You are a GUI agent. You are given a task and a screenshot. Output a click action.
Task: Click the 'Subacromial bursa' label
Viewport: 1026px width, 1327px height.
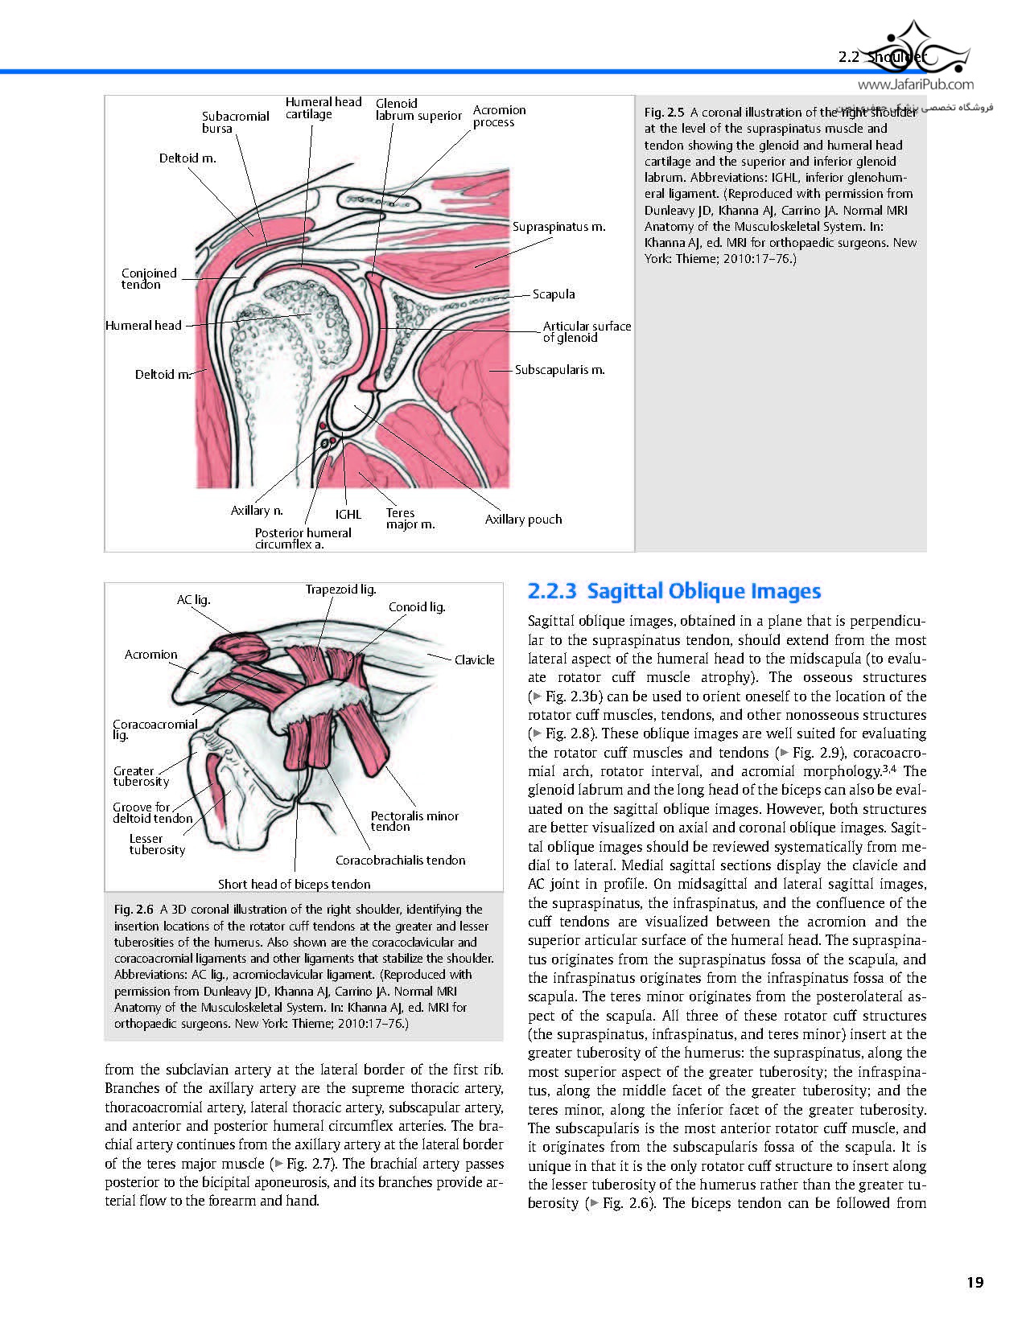[x=235, y=122]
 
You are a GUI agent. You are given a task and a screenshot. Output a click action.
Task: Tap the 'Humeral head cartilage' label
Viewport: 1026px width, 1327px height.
[x=323, y=108]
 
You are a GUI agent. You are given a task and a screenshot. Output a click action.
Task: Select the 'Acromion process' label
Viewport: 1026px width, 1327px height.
[x=499, y=116]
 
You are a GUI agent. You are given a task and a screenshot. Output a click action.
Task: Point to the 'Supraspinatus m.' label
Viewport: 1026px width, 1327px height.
[x=558, y=227]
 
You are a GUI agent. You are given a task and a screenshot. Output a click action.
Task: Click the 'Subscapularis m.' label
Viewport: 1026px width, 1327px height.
[x=559, y=370]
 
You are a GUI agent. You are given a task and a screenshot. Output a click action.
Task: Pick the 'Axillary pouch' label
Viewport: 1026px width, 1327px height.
[x=523, y=520]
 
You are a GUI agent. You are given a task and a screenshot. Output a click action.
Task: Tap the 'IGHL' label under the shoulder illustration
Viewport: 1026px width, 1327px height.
[x=348, y=514]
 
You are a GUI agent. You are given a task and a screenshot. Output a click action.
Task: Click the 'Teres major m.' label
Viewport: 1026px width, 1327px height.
[x=410, y=519]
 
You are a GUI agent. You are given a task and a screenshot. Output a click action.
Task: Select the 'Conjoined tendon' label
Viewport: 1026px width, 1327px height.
[x=149, y=278]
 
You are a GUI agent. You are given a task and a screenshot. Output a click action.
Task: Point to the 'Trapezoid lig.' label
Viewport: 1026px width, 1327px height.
[x=340, y=590]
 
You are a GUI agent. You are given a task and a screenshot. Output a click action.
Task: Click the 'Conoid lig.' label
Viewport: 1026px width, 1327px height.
[x=416, y=607]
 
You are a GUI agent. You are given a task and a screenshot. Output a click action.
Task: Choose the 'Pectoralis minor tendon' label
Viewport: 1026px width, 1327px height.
[x=414, y=821]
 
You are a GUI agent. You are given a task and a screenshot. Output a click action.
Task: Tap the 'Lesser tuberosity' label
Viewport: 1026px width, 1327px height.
[x=157, y=844]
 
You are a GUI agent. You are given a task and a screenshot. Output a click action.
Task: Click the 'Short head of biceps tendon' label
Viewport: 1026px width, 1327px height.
[x=294, y=884]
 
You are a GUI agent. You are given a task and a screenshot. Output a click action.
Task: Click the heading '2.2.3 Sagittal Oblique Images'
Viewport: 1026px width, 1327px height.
[x=674, y=591]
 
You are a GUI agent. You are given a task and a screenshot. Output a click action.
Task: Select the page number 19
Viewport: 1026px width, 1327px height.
[x=974, y=1282]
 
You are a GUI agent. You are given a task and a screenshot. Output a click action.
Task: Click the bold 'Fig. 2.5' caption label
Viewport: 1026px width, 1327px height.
[x=664, y=113]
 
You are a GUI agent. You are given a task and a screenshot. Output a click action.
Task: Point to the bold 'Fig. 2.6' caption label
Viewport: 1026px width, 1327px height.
[x=134, y=910]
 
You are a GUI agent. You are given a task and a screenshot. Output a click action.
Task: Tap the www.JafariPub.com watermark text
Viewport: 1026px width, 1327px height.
[x=916, y=84]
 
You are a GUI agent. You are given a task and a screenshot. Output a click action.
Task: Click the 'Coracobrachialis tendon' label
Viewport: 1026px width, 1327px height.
[x=400, y=861]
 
